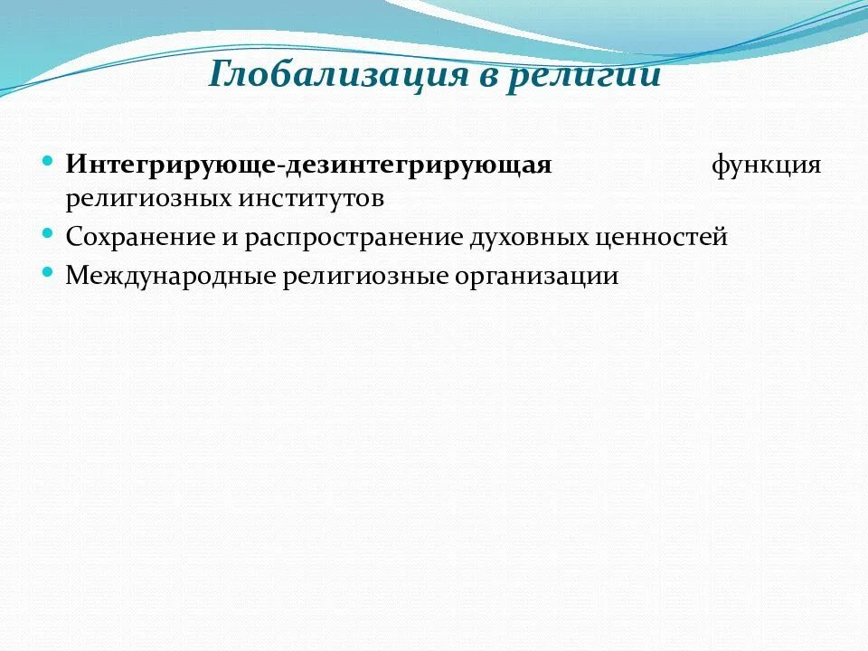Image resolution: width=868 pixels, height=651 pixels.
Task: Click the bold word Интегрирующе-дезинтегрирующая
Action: (x=308, y=166)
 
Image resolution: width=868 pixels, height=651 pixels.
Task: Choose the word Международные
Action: (x=170, y=277)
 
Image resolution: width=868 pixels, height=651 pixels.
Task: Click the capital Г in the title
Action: (x=220, y=74)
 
